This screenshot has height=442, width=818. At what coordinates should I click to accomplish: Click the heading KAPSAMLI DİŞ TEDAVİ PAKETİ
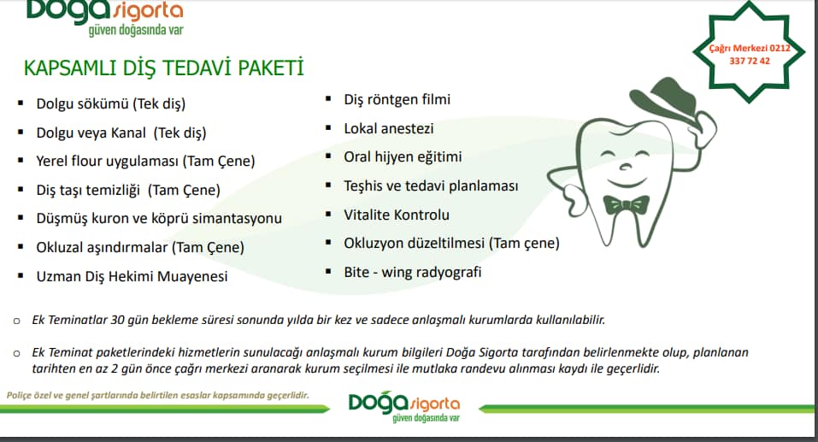pyautogui.click(x=163, y=68)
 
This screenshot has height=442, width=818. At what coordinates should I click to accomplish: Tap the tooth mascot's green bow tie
pyautogui.click(x=626, y=204)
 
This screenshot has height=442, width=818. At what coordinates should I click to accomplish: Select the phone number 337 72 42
pyautogui.click(x=749, y=61)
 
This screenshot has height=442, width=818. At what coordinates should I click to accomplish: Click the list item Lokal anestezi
pyautogui.click(x=389, y=128)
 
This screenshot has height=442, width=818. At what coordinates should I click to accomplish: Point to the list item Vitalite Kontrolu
pyautogui.click(x=397, y=215)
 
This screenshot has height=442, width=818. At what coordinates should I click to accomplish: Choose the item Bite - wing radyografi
pyautogui.click(x=413, y=272)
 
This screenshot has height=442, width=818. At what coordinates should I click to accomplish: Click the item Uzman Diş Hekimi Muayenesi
pyautogui.click(x=132, y=276)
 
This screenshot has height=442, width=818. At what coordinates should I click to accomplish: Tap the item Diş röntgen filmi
pyautogui.click(x=397, y=99)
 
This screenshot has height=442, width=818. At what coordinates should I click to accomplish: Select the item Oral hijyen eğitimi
pyautogui.click(x=403, y=156)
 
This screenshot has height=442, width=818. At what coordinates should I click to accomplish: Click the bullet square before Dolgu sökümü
pyautogui.click(x=21, y=103)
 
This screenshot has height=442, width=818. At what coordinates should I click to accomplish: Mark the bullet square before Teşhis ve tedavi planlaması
pyautogui.click(x=328, y=186)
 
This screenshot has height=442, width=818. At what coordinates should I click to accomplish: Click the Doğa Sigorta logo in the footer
pyautogui.click(x=404, y=407)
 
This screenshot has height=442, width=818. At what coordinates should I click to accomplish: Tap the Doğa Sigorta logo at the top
pyautogui.click(x=105, y=17)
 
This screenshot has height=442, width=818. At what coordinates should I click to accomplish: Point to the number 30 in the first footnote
pyautogui.click(x=117, y=320)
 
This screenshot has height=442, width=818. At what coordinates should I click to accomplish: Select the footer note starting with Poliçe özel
pyautogui.click(x=157, y=395)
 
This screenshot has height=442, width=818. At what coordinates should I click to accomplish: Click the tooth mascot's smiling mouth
pyautogui.click(x=627, y=183)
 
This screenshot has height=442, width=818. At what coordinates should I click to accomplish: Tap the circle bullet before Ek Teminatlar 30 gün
pyautogui.click(x=17, y=321)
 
